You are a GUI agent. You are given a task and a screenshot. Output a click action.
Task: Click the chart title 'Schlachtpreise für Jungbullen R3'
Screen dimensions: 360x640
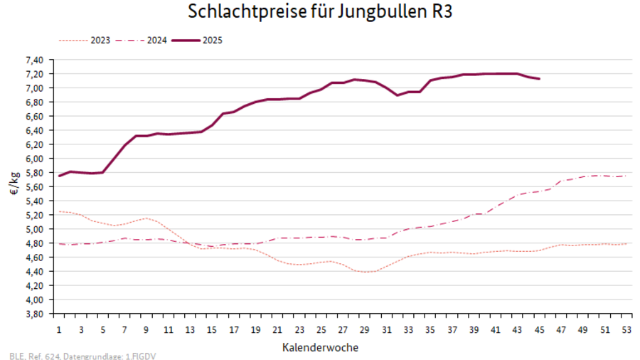pyautogui.click(x=320, y=13)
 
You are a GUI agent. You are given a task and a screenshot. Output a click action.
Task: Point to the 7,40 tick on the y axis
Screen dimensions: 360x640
pyautogui.click(x=34, y=60)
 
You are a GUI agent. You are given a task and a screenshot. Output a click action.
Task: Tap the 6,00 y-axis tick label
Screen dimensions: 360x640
pyautogui.click(x=34, y=159)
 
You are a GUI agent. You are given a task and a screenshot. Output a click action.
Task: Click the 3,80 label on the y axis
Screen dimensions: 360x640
pyautogui.click(x=34, y=314)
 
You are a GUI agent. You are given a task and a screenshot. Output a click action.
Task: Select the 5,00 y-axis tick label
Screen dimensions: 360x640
pyautogui.click(x=34, y=229)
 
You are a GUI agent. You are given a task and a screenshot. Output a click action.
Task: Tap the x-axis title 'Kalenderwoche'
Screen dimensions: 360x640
pyautogui.click(x=320, y=348)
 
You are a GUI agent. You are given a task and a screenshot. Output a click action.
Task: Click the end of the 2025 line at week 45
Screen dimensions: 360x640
pyautogui.click(x=539, y=78)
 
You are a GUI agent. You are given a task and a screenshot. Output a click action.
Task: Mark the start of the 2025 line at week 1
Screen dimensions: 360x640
pyautogui.click(x=59, y=176)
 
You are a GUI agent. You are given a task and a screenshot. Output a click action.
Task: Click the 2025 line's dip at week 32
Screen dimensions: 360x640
pyautogui.click(x=398, y=95)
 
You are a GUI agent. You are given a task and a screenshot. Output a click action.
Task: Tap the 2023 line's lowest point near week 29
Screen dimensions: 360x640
pyautogui.click(x=365, y=272)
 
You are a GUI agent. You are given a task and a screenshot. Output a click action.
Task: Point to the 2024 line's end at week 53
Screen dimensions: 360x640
pyautogui.click(x=626, y=176)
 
